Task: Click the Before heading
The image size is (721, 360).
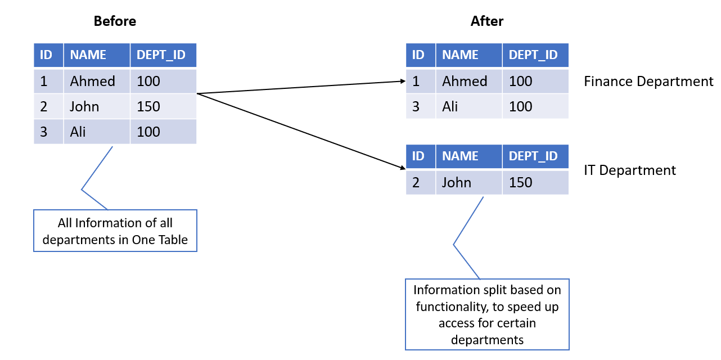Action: pyautogui.click(x=115, y=21)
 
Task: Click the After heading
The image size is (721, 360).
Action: pyautogui.click(x=486, y=21)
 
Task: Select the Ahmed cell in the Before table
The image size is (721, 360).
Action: pyautogui.click(x=97, y=81)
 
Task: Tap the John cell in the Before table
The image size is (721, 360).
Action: pyautogui.click(x=97, y=106)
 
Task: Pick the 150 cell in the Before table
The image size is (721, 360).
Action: pyautogui.click(x=163, y=106)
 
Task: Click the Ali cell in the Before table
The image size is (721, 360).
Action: pyautogui.click(x=97, y=132)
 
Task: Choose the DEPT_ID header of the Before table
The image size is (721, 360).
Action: pyautogui.click(x=163, y=55)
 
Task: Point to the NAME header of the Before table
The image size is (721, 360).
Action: pyautogui.click(x=97, y=55)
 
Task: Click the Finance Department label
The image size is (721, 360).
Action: pyautogui.click(x=648, y=82)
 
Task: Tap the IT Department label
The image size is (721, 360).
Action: pyautogui.click(x=629, y=170)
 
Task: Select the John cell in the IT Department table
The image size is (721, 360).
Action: pyautogui.click(x=469, y=183)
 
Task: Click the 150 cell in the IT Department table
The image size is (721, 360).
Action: pyautogui.click(x=535, y=183)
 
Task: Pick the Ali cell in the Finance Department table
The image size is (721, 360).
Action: pyautogui.click(x=469, y=106)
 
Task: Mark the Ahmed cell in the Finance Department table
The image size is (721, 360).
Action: pyautogui.click(x=469, y=81)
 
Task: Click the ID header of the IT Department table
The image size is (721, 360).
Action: pyautogui.click(x=421, y=156)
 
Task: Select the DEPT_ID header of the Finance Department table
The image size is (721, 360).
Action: pyautogui.click(x=535, y=55)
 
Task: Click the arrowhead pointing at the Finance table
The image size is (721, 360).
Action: pyautogui.click(x=403, y=81)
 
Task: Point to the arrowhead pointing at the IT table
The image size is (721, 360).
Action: pyautogui.click(x=403, y=168)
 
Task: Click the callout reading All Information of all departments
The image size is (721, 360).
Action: pyautogui.click(x=115, y=231)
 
